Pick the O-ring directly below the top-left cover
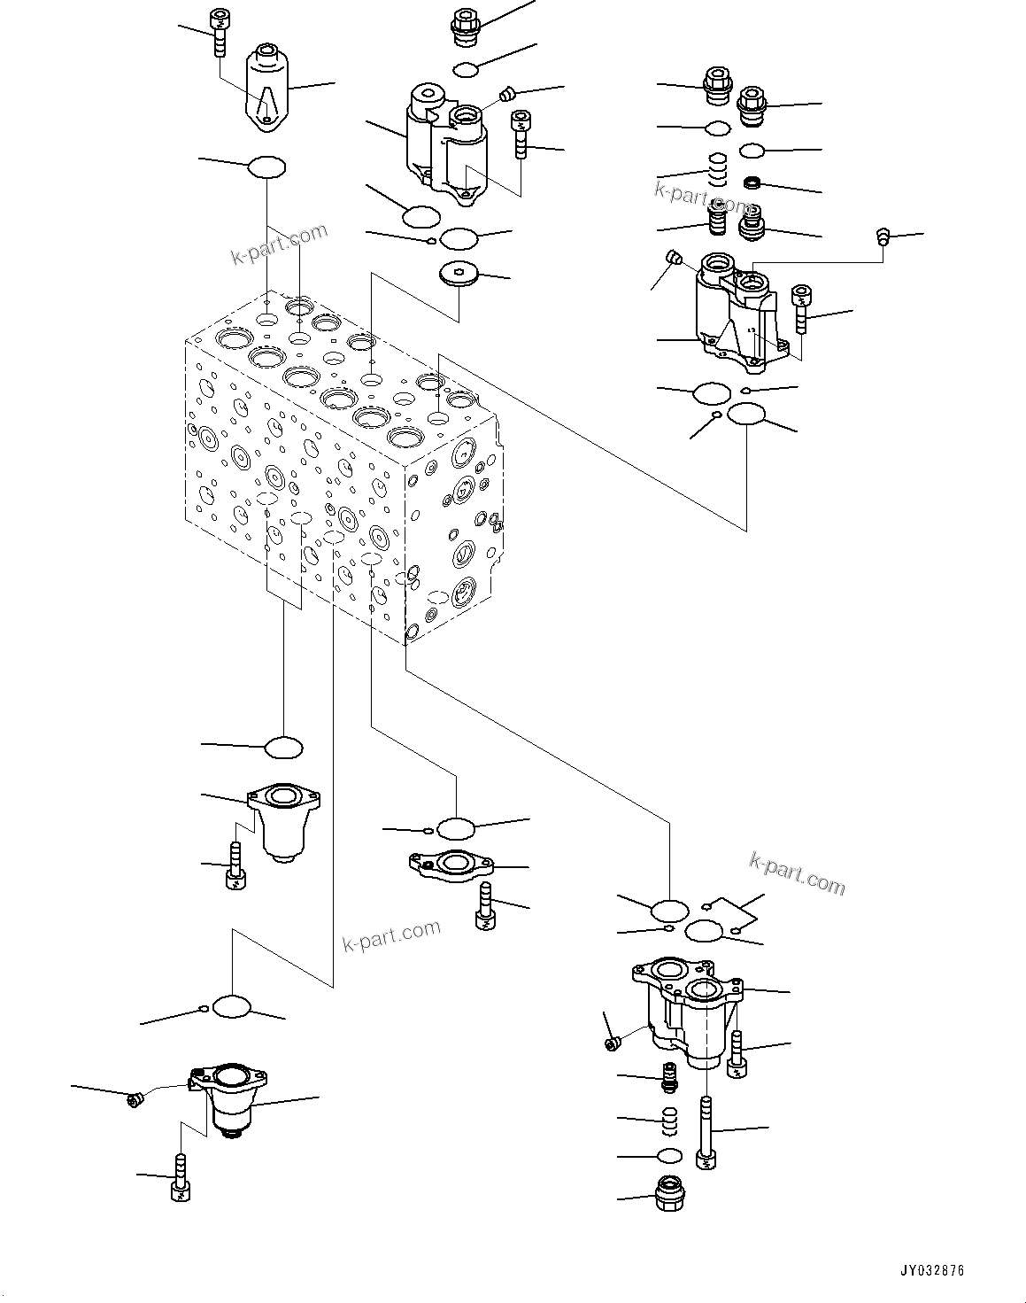[x=266, y=166]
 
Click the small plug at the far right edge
[x=882, y=237]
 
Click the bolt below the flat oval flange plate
[x=486, y=906]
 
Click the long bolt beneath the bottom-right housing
[x=706, y=1134]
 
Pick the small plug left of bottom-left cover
[x=135, y=1099]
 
